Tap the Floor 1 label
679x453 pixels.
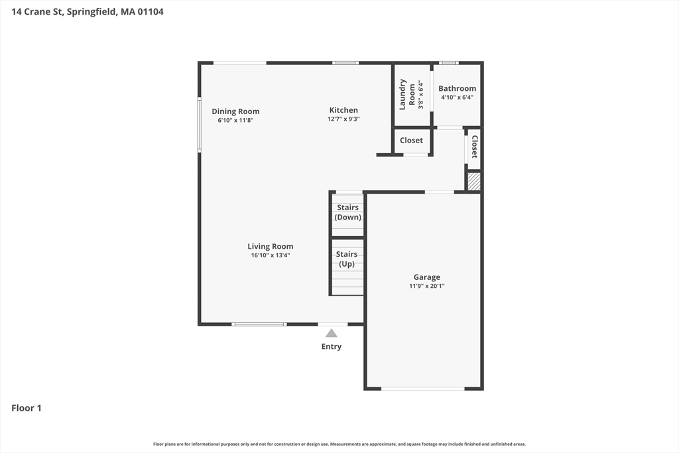[x=27, y=408]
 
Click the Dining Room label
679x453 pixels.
[x=235, y=111]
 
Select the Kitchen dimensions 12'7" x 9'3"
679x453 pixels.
[x=343, y=119]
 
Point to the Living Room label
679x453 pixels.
[x=271, y=247]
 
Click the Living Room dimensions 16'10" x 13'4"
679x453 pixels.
[x=271, y=255]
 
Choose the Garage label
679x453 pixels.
[x=426, y=277]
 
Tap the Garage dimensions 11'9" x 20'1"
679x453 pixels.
[x=426, y=286]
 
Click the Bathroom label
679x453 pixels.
[x=457, y=88]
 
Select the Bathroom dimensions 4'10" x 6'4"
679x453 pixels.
[x=457, y=97]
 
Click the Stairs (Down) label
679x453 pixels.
[x=347, y=212]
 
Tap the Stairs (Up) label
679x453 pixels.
[x=347, y=259]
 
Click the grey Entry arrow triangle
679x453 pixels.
[x=332, y=333]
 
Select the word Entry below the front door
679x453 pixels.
[x=332, y=346]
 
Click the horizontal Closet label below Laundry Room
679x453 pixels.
[x=411, y=141]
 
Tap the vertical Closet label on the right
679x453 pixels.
[x=475, y=147]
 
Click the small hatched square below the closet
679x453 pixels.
[x=474, y=182]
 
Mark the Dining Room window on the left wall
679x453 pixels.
[x=199, y=125]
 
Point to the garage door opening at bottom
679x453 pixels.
[x=423, y=389]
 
